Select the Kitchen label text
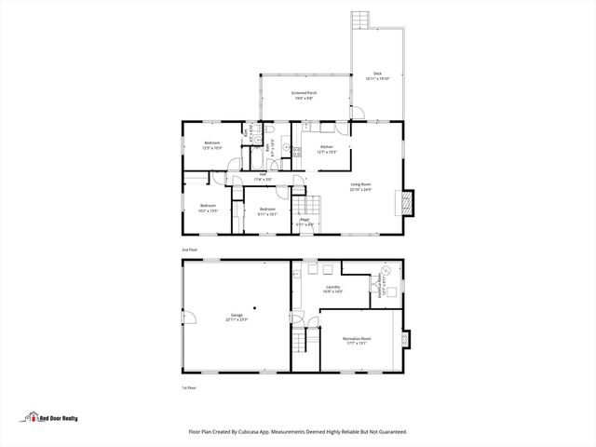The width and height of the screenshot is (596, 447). click(326, 149)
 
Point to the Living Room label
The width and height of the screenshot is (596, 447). click(360, 186)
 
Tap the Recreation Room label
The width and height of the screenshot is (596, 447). click(357, 340)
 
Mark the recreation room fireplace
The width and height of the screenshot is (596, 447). click(405, 340)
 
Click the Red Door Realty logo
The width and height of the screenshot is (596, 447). click(52, 418)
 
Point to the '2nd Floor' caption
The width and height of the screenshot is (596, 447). click(189, 251)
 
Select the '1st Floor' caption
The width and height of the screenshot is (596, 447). click(189, 387)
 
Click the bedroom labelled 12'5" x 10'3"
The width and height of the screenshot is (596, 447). click(212, 145)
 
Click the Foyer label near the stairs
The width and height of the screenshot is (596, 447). click(304, 222)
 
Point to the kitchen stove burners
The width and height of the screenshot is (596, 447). click(298, 152)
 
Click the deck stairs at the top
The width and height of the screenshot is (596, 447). click(360, 20)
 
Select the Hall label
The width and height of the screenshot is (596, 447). click(263, 176)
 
